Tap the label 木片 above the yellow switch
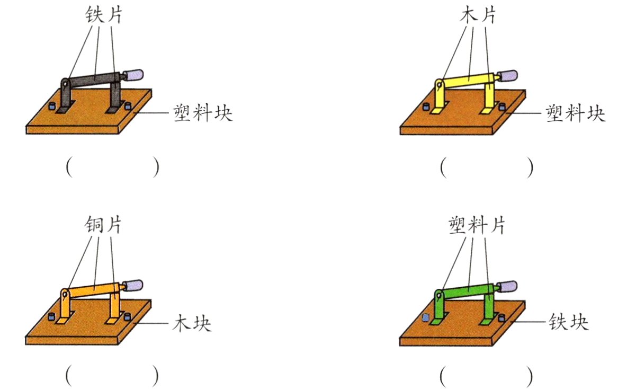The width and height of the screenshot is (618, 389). coord(478,15)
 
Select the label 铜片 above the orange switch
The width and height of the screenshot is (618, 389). coord(104,225)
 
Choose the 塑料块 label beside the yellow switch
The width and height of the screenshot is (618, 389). coord(576,113)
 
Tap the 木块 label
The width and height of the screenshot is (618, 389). coord(192,323)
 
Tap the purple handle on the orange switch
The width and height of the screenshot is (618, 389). coord(135,285)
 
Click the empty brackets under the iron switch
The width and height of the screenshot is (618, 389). coord(112,167)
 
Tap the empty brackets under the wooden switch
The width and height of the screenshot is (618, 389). coord(486,167)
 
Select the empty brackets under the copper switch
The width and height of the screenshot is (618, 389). coord(112,376)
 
